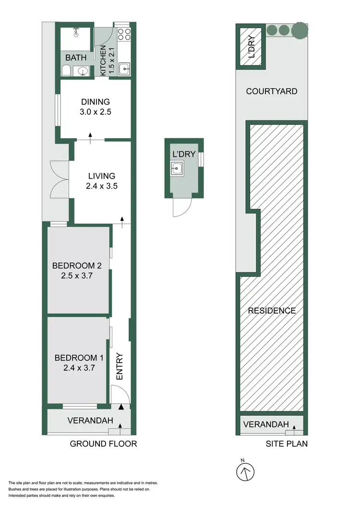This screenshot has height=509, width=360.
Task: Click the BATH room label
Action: [x=76, y=58]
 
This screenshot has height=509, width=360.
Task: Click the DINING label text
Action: [x=95, y=102]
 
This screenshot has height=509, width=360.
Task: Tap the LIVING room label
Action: [x=101, y=176]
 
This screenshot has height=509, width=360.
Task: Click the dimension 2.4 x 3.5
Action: [x=101, y=187]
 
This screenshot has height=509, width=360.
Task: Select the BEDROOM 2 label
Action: [x=77, y=266]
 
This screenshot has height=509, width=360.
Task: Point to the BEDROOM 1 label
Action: [x=79, y=358]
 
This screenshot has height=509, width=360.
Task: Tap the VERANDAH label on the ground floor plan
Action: [x=90, y=421]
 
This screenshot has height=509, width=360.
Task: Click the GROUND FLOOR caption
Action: [x=103, y=444]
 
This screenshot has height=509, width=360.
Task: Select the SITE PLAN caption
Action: [x=287, y=444]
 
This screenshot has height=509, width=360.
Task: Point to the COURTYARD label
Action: [x=271, y=91]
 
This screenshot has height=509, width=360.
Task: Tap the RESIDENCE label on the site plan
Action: [x=272, y=311]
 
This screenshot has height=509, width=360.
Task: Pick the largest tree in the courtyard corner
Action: [x=299, y=30]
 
